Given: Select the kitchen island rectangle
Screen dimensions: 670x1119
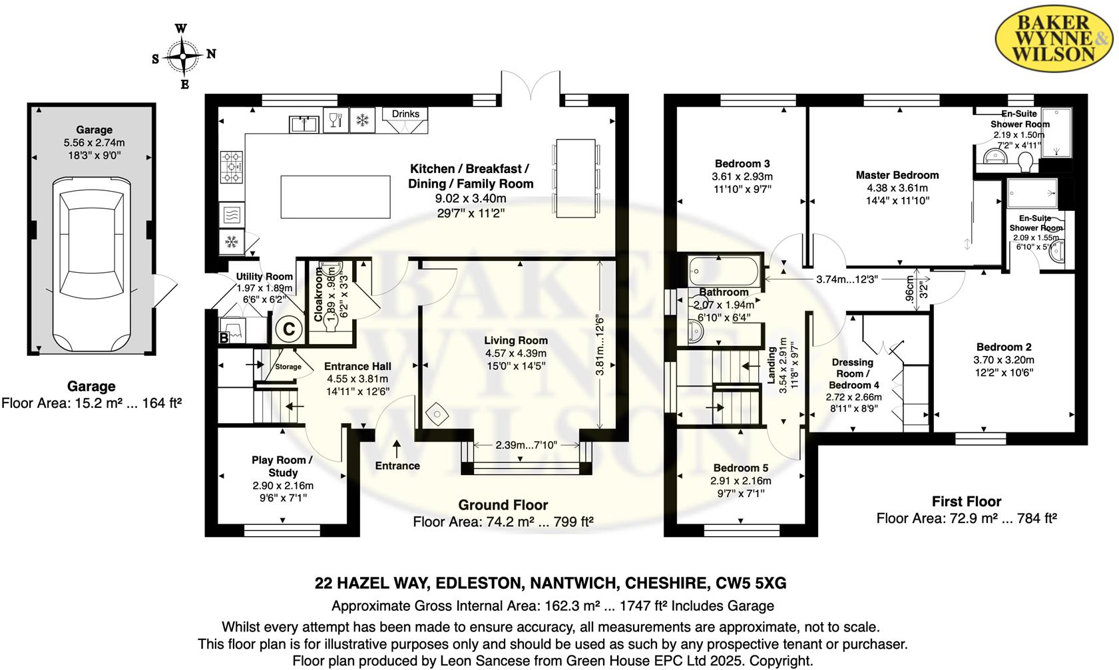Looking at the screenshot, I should coord(335,197).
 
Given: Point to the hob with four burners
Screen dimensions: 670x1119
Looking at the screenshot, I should coord(232,167).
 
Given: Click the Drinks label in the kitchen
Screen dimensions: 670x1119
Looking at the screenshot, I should coord(405,114).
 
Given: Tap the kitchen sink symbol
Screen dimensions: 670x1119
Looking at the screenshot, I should coord(304,124).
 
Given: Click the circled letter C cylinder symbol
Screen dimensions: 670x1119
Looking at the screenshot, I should coord(289,329).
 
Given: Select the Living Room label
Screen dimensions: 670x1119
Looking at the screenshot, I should coord(516,340).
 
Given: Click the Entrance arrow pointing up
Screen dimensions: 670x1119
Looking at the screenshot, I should coord(397,448).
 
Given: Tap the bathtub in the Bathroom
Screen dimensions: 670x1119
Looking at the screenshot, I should coord(724,271).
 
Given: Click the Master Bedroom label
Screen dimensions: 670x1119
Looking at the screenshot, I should coord(897,175).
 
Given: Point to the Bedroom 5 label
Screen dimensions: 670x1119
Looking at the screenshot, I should coord(740,468).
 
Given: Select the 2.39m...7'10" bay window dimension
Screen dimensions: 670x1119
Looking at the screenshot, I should coord(526,444).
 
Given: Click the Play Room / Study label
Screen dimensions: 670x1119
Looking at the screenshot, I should coord(282,466).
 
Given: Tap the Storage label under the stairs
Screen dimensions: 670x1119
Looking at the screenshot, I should coord(288,367).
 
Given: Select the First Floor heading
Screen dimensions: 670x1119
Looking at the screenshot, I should coord(966,502).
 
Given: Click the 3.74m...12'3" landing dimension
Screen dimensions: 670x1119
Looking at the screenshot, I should coord(847,279).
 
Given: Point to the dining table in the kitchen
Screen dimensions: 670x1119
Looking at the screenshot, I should coord(575,178).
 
